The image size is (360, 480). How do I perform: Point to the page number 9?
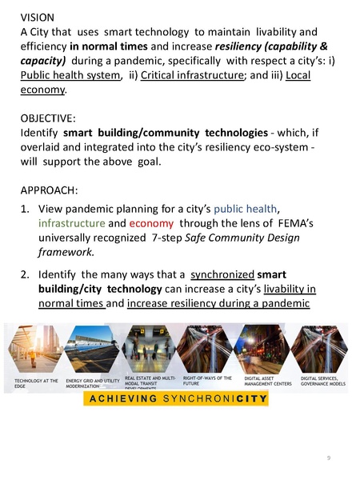[328, 458]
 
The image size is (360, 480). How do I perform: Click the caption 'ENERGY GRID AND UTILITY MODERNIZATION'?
[93, 382]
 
